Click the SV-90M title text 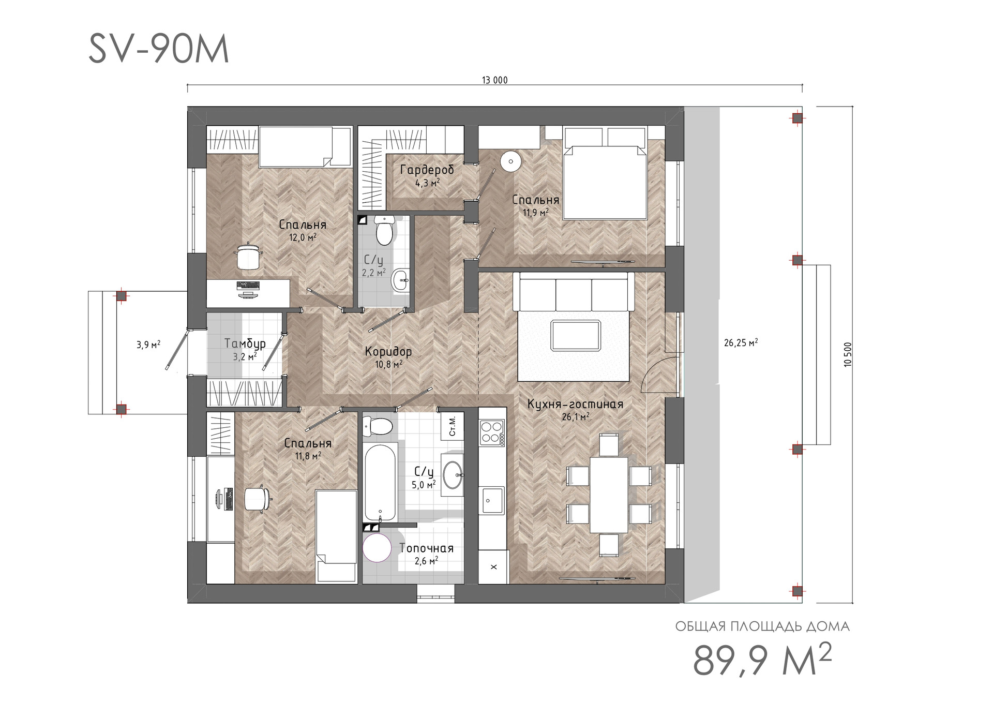[x=159, y=50]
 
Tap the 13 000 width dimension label [x=495, y=80]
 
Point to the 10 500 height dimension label [x=847, y=355]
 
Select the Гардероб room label [x=427, y=170]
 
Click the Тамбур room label [x=245, y=343]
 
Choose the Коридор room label [x=388, y=352]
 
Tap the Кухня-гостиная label [x=575, y=404]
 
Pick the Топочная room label [x=426, y=548]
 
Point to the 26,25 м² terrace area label [x=741, y=342]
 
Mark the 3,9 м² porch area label [x=148, y=345]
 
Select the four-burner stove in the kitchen [x=492, y=432]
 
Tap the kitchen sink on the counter [x=492, y=500]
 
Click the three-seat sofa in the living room [x=574, y=292]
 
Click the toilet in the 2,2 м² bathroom [x=384, y=230]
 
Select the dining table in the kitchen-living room [x=609, y=495]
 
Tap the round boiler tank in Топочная [x=378, y=548]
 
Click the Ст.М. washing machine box [x=452, y=426]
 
